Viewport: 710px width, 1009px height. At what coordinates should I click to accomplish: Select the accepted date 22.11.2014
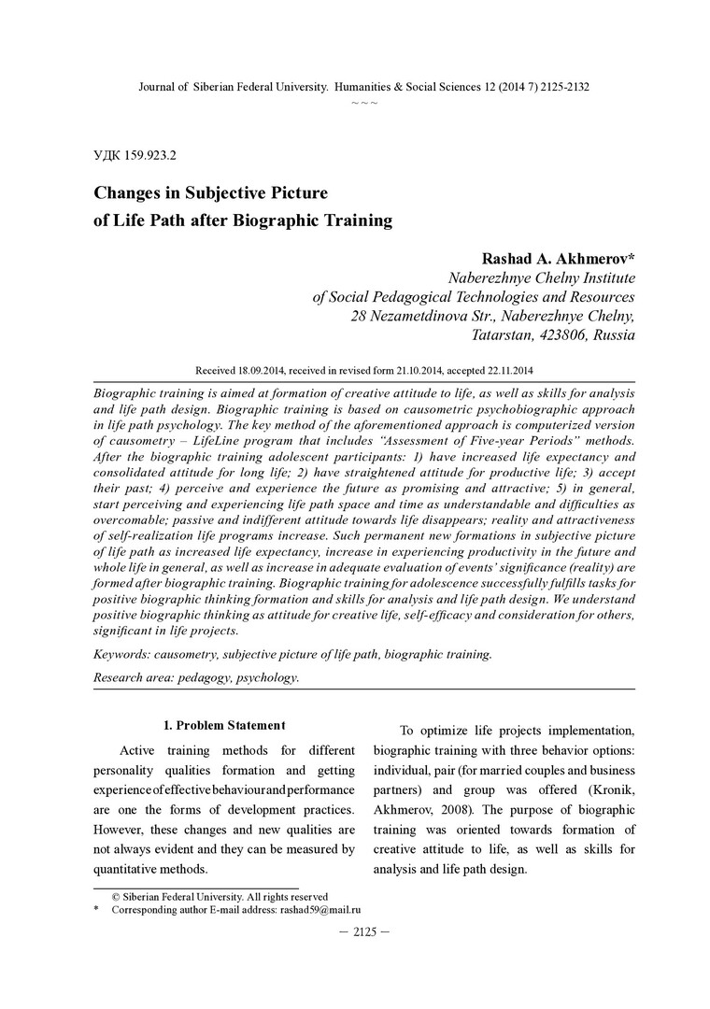pos(496,370)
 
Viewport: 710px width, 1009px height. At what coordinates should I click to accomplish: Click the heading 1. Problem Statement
pos(224,726)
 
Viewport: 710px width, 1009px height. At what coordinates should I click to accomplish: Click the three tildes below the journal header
pos(364,101)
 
